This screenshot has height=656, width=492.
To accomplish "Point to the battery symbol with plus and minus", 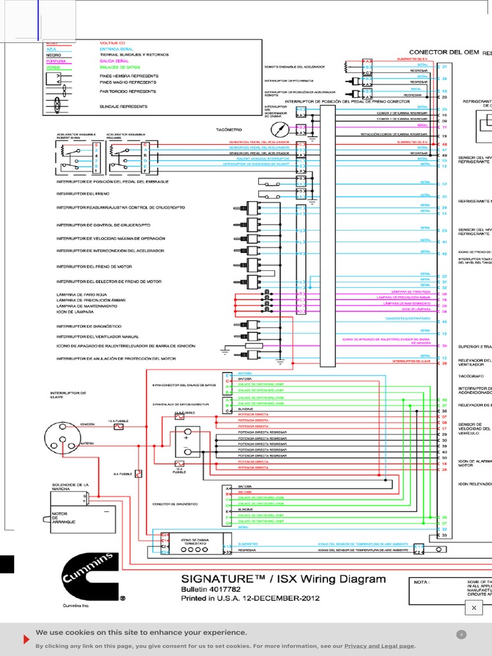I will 186,442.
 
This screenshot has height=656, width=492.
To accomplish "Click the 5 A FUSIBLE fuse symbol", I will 139,474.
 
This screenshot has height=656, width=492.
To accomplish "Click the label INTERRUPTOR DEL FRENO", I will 83,193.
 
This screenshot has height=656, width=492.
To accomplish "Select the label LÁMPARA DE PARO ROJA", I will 81,294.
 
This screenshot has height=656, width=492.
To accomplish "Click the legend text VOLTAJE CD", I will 112,43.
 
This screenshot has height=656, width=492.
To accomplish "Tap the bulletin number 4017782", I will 220,590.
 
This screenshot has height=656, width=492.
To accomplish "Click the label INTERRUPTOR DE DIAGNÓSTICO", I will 89,326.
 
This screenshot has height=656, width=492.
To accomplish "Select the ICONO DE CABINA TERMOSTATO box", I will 196,544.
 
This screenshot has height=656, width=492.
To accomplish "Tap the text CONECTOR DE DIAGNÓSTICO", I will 175,504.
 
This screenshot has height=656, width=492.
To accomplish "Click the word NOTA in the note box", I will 422,582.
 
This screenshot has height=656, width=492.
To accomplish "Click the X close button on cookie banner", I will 461,634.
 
